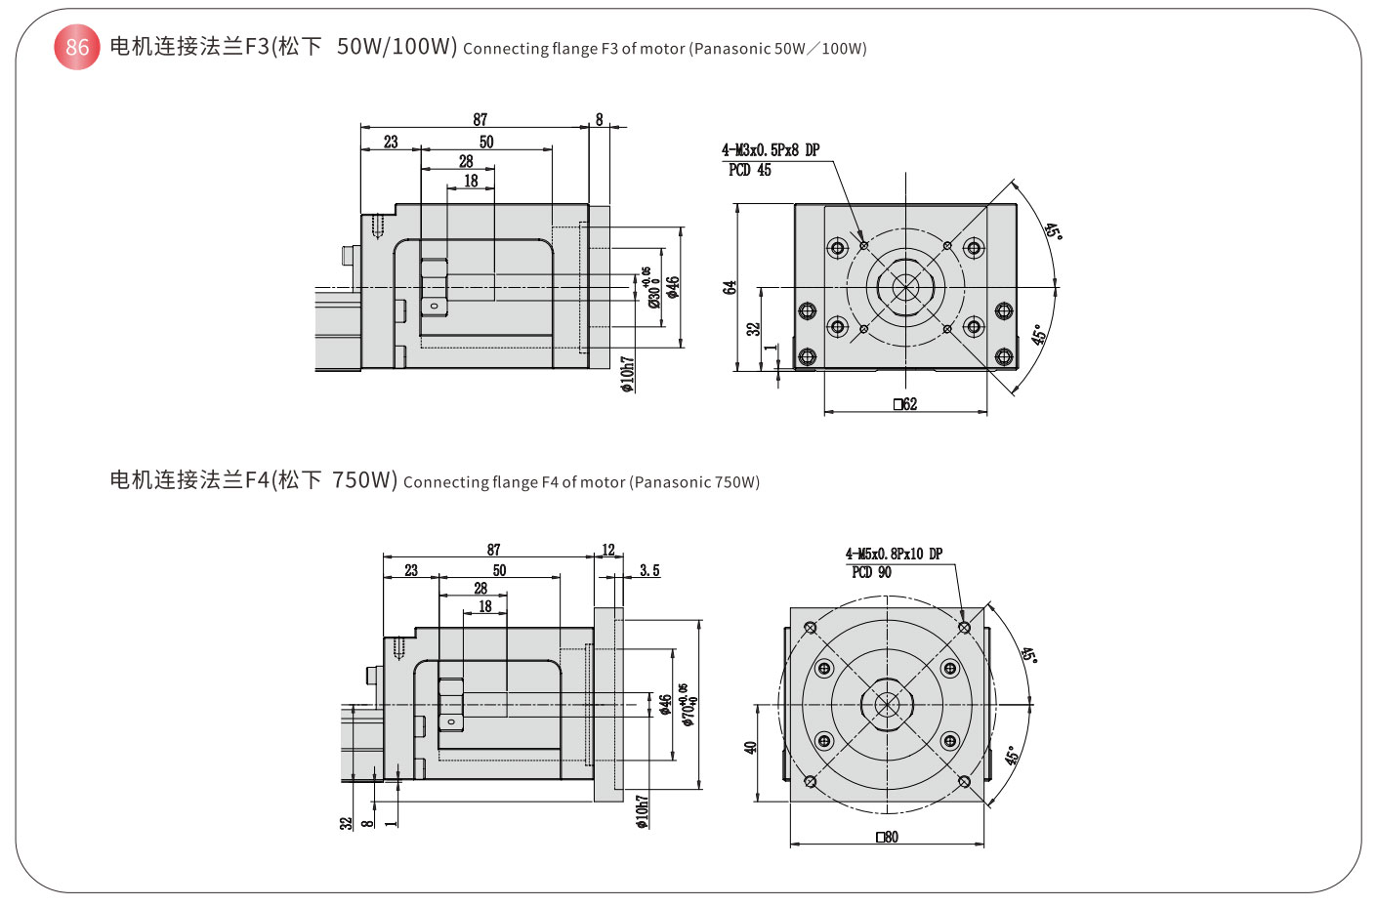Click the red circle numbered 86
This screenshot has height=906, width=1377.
[77, 47]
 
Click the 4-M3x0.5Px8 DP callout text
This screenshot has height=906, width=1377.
[771, 150]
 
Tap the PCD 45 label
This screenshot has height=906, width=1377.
[749, 170]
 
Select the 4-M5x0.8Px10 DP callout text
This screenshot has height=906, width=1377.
[894, 554]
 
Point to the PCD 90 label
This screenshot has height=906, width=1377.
[871, 572]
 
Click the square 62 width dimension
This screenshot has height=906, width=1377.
[905, 404]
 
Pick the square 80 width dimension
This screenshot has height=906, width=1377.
[887, 837]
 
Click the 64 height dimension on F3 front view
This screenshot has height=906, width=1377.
[729, 288]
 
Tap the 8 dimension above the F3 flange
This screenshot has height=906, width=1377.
[600, 119]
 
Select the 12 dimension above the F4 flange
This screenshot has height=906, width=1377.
[608, 551]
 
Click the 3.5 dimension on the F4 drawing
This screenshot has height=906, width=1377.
[649, 570]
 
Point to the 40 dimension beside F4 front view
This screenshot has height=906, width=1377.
[750, 747]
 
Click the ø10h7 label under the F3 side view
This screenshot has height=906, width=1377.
[627, 374]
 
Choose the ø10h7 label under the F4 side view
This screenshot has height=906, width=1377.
[642, 811]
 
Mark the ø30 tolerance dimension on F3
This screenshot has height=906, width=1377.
[650, 288]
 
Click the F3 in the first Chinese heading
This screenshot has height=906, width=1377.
[257, 47]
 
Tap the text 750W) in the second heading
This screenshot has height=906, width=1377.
[364, 480]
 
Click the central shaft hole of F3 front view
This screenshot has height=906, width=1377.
[905, 287]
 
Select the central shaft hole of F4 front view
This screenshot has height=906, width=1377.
[887, 704]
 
